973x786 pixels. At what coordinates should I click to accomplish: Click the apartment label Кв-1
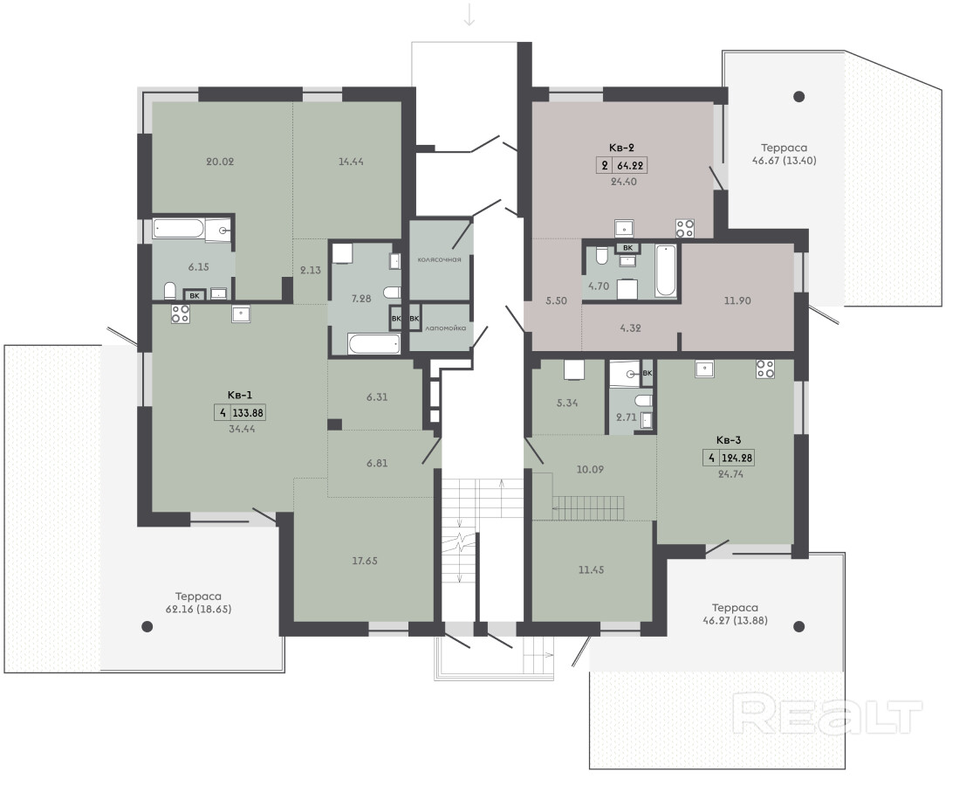(x=239, y=395)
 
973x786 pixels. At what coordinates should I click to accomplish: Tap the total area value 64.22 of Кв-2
(x=630, y=166)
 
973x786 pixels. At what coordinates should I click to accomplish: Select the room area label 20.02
(x=220, y=162)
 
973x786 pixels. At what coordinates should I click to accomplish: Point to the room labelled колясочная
(x=439, y=259)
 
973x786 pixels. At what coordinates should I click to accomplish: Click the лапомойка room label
(x=445, y=327)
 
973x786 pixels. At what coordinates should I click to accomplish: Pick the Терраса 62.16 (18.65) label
(x=198, y=603)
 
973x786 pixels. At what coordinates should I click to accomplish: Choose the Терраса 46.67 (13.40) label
(x=784, y=154)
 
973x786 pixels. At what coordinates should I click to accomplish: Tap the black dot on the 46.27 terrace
(x=799, y=626)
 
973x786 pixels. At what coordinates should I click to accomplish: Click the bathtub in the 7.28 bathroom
(x=374, y=344)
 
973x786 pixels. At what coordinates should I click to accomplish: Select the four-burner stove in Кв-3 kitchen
(x=765, y=369)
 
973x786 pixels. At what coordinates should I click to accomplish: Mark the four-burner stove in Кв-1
(x=181, y=314)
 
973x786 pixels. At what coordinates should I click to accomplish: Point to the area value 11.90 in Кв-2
(x=737, y=300)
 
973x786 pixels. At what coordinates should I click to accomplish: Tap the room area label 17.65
(x=364, y=561)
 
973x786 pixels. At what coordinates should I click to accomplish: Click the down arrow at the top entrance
(x=469, y=14)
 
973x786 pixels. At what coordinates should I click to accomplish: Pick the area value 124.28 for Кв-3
(x=737, y=458)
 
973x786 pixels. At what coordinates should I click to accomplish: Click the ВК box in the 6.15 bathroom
(x=195, y=295)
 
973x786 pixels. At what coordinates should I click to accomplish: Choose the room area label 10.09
(x=590, y=469)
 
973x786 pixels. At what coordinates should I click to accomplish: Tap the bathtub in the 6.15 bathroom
(x=178, y=229)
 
